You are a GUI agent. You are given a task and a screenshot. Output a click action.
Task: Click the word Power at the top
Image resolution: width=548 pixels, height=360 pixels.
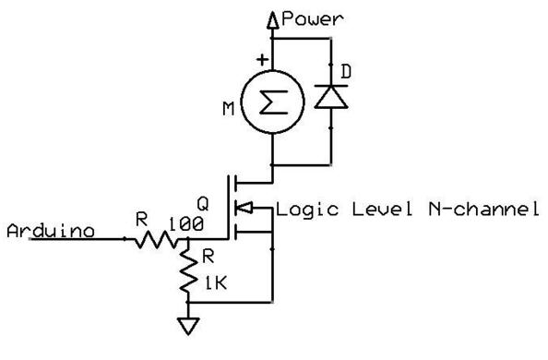click(312, 18)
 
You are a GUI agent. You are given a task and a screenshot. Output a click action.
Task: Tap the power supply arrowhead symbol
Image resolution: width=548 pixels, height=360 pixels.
click(272, 20)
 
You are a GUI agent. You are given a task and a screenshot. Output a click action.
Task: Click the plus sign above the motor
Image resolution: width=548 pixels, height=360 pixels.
click(262, 60)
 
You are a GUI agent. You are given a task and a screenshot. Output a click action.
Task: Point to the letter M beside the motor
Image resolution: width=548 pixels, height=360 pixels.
click(229, 108)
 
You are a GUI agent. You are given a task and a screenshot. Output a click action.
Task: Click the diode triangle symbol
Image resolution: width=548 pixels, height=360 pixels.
click(331, 97)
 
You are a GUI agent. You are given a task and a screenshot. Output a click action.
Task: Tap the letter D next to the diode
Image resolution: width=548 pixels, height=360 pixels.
click(346, 72)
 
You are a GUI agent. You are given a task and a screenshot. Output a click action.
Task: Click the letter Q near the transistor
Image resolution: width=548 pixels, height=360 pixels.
click(203, 204)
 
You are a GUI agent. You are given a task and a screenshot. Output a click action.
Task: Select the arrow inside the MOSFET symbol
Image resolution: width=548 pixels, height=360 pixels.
click(243, 209)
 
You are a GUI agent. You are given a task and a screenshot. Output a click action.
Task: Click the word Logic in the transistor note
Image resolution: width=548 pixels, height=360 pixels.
click(307, 210)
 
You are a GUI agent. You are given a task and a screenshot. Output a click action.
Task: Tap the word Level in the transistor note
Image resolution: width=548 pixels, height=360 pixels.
click(382, 209)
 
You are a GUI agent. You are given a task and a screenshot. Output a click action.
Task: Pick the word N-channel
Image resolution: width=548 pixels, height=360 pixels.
click(483, 209)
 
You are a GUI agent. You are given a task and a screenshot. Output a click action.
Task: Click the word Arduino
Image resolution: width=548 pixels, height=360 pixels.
click(51, 231)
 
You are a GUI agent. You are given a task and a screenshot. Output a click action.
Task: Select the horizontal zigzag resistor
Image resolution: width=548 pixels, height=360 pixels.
click(156, 240)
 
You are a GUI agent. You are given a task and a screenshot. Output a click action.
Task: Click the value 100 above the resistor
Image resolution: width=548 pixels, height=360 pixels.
click(186, 224)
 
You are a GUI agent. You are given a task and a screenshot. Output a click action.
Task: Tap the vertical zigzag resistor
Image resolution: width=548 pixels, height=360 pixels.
click(188, 270)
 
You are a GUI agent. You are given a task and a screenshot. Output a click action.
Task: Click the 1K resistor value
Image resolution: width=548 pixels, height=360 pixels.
click(216, 283)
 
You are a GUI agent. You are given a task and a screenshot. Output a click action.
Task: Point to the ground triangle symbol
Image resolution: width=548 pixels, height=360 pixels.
click(188, 326)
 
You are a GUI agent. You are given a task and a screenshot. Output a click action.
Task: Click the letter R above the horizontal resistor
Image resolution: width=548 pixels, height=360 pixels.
click(141, 220)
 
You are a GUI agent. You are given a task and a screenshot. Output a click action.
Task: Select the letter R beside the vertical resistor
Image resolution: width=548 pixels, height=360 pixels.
click(208, 257)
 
